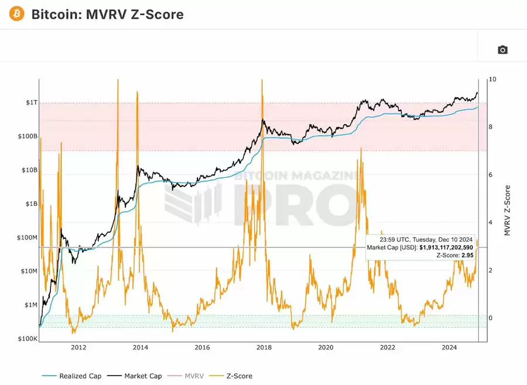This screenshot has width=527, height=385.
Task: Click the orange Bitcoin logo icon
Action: [17, 13]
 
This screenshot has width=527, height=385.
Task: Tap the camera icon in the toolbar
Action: [502, 50]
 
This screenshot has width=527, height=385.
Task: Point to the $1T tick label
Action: [31, 103]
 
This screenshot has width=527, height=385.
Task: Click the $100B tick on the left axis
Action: [28, 136]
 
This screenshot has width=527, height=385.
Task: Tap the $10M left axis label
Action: [28, 271]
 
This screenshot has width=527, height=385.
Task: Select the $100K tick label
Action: [28, 339]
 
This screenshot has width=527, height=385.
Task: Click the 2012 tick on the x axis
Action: [78, 348]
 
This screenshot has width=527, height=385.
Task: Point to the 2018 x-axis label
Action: [264, 348]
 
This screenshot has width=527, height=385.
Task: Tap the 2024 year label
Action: [449, 348]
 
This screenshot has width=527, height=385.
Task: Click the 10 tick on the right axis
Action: [492, 79]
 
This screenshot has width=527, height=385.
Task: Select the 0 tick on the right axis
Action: [490, 318]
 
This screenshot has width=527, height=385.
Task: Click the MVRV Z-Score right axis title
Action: [507, 211]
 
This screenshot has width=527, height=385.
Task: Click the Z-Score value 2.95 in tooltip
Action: [467, 256]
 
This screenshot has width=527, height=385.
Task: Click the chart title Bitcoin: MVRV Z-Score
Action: [107, 14]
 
